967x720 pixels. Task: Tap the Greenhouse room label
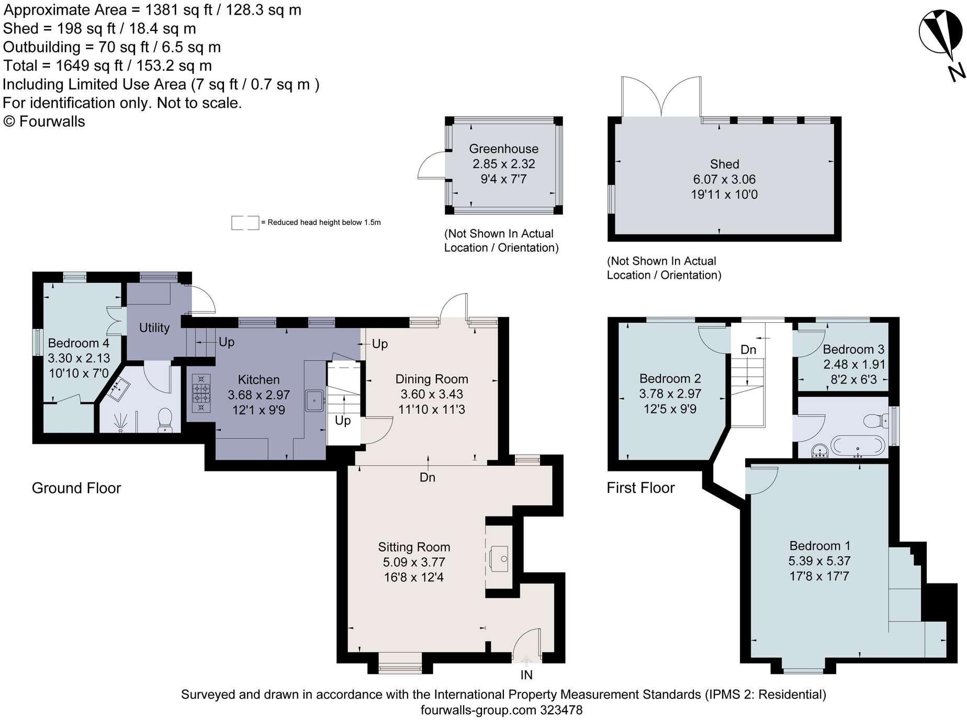click(503, 149)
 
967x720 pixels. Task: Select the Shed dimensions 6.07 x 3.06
click(724, 179)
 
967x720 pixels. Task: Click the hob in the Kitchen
click(201, 392)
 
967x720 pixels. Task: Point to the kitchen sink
click(314, 401)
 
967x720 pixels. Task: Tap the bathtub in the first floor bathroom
click(858, 446)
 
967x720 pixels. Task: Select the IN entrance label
click(526, 675)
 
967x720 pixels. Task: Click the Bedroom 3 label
click(853, 350)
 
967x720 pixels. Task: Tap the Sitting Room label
click(414, 547)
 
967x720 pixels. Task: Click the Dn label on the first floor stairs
click(748, 350)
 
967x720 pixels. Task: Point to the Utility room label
click(154, 328)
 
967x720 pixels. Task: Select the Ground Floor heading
click(76, 488)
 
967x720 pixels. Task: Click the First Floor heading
click(640, 488)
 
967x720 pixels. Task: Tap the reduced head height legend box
click(245, 222)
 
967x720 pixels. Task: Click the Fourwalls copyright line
click(44, 121)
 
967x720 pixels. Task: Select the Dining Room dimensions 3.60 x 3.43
click(432, 395)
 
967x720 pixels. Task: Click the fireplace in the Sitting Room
click(498, 558)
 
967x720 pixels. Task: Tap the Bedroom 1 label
click(819, 546)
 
